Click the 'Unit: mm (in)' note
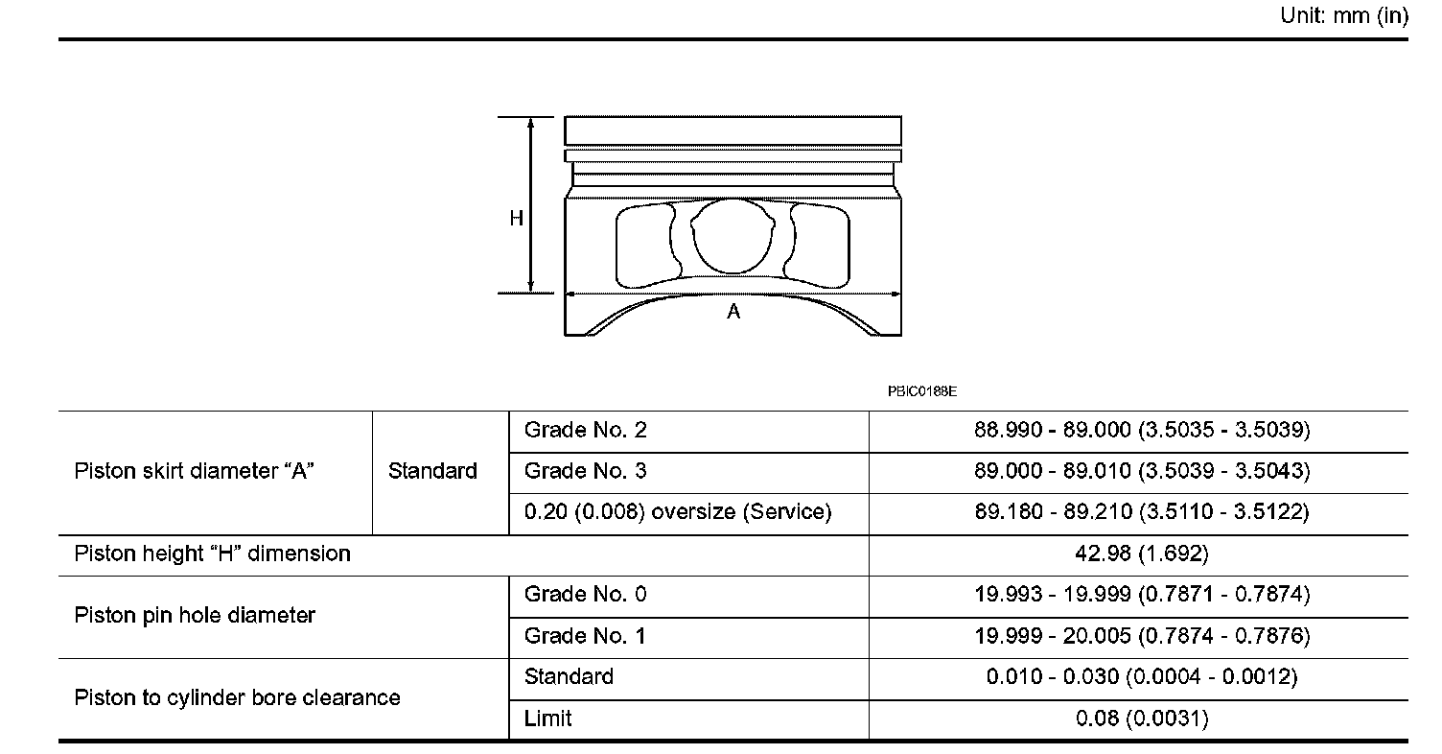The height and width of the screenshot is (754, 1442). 1344,15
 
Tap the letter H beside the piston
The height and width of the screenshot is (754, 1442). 516,219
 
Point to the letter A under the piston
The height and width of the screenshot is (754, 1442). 733,312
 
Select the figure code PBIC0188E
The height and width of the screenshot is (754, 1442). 921,391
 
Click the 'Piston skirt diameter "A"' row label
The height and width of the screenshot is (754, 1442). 194,471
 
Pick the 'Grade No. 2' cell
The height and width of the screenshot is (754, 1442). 585,430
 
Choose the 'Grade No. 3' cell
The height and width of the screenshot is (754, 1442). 585,471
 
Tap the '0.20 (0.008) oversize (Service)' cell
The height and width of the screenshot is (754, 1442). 678,512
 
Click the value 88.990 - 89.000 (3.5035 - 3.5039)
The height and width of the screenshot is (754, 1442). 1142,430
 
